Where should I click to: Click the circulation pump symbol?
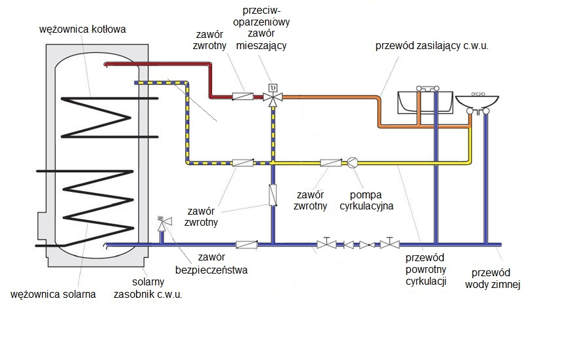pos(353,162)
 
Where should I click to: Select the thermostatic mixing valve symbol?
pos(273,96)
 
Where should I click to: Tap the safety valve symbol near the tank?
pos(164,224)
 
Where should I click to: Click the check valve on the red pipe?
pos(243,97)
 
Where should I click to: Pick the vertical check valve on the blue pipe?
pos(273,195)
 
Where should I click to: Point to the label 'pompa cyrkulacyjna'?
pos(366,200)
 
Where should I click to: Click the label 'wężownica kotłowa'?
pos(82,29)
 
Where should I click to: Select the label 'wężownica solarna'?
pos(53,295)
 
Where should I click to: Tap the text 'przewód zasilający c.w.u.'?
pos(432,46)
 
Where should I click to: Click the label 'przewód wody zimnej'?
pos(493,278)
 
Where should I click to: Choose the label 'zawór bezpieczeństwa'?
pos(211,264)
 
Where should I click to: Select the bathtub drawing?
pos(425,102)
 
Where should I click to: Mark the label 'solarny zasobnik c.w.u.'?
pos(148,288)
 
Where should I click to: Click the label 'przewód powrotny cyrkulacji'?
pos(426,269)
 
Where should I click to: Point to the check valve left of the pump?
pos(331,162)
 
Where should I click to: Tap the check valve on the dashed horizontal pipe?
pos(243,162)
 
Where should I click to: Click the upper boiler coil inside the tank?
pos(110,118)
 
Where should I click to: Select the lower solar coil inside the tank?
pos(85,208)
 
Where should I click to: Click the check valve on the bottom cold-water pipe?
pos(247,244)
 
